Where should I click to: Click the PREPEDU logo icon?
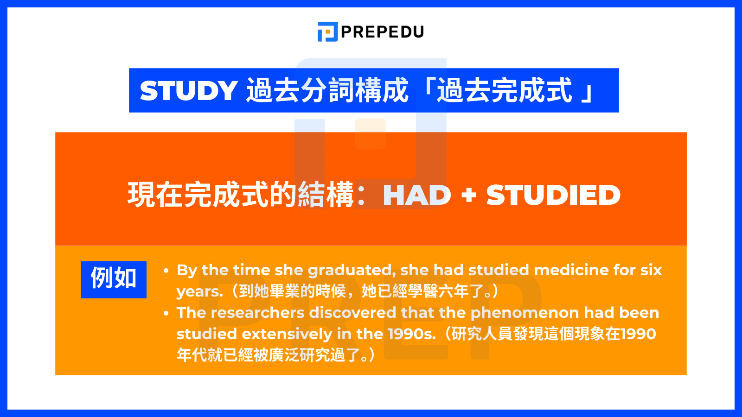pos(327,32)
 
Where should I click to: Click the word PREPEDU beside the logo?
pos(383,32)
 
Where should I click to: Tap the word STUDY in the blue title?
pos(189,90)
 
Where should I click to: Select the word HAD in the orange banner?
pos(417,195)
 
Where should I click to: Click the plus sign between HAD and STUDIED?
pos(469,195)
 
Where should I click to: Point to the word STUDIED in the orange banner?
pos(553,195)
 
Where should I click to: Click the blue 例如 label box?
pos(114,279)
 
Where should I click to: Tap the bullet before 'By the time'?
pos(166,271)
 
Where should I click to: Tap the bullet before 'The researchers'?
pos(166,313)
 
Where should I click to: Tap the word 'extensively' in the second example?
pos(287,334)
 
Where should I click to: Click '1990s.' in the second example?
pos(412,334)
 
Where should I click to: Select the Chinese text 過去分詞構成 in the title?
pos(327,90)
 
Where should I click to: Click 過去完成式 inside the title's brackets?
pos(505,90)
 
